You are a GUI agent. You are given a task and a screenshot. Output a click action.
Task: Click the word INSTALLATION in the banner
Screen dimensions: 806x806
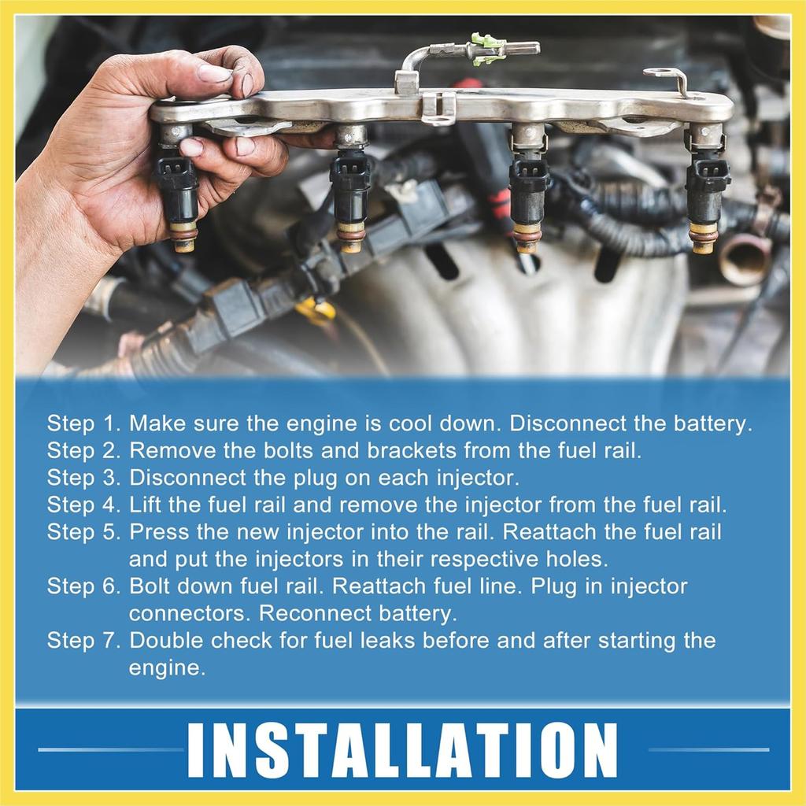tap(402, 750)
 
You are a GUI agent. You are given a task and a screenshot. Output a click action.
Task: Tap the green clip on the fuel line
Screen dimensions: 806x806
tap(486, 50)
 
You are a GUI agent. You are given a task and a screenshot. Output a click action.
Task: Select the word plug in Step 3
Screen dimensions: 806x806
tap(316, 479)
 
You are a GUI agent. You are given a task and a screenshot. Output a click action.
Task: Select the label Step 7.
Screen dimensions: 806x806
tap(83, 641)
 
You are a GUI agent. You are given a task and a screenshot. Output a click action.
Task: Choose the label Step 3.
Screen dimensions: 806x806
tap(83, 479)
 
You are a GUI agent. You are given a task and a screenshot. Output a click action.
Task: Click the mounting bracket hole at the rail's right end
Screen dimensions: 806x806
tap(660, 73)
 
